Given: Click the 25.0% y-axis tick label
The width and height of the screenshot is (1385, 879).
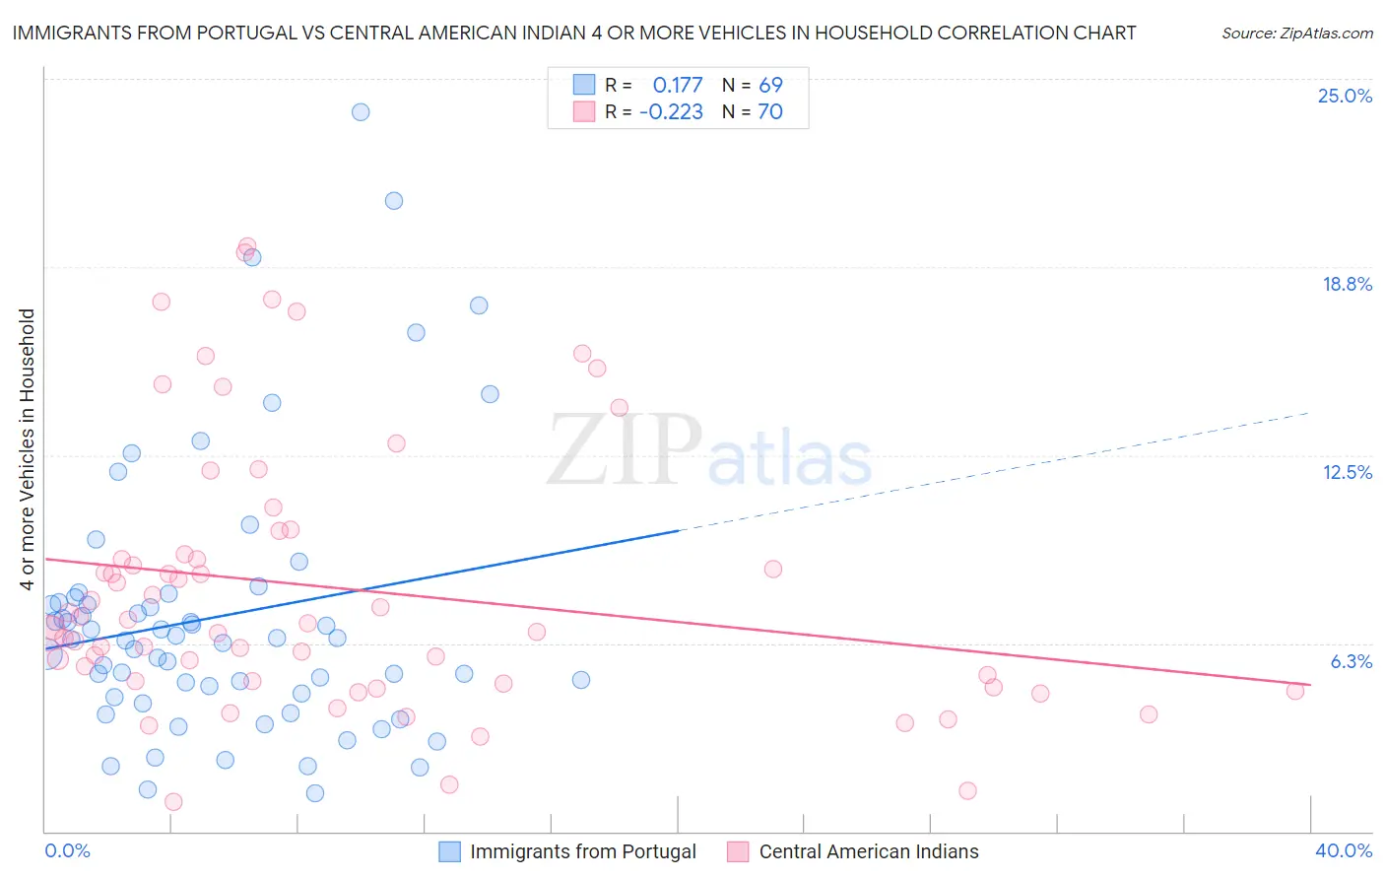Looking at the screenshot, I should pyautogui.click(x=1345, y=96).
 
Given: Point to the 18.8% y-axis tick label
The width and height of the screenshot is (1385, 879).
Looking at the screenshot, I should pyautogui.click(x=1347, y=284).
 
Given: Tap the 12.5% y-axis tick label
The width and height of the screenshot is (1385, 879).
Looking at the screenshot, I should pyautogui.click(x=1347, y=472).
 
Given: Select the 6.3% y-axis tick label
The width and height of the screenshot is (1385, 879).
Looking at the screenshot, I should pyautogui.click(x=1351, y=661).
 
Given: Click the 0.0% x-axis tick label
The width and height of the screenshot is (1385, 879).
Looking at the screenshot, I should pyautogui.click(x=67, y=850).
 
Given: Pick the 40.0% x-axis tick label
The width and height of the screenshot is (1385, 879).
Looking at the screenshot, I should pyautogui.click(x=1343, y=850).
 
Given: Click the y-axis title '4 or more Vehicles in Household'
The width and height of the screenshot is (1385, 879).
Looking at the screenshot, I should pyautogui.click(x=27, y=449).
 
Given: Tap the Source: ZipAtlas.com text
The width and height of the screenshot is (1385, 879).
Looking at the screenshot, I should pyautogui.click(x=1296, y=33).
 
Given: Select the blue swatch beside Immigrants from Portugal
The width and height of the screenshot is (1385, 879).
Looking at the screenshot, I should pyautogui.click(x=450, y=851).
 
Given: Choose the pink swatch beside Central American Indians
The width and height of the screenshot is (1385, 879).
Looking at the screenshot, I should pyautogui.click(x=738, y=851).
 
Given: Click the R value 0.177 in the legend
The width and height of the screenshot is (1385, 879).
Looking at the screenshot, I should pyautogui.click(x=678, y=85).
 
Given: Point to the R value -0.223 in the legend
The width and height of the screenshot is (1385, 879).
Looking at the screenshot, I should pyautogui.click(x=671, y=111).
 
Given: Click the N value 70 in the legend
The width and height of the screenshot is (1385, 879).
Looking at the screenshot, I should pyautogui.click(x=770, y=111).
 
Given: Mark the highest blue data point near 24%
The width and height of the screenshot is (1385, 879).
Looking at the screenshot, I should pyautogui.click(x=361, y=112).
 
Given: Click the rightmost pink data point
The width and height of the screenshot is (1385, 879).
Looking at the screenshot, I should pyautogui.click(x=1295, y=691).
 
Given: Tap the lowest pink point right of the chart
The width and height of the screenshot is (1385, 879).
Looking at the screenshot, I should pyautogui.click(x=967, y=790).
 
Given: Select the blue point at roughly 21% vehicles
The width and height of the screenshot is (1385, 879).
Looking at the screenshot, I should pyautogui.click(x=394, y=201).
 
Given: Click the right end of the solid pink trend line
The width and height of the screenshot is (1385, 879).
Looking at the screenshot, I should pyautogui.click(x=1310, y=684).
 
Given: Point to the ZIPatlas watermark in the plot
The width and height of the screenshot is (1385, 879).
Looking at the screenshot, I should pyautogui.click(x=709, y=451).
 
